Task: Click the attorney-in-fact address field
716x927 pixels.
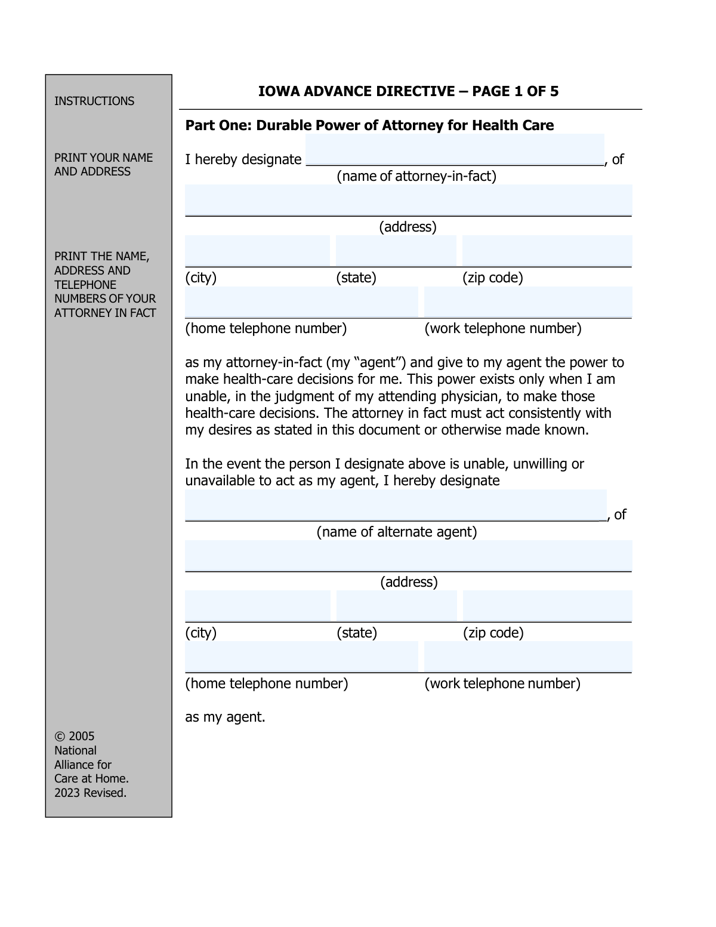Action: click(x=408, y=200)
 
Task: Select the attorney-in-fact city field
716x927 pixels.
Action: click(x=257, y=251)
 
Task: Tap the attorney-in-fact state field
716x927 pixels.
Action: click(x=396, y=251)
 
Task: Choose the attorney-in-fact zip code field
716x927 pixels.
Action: click(x=547, y=251)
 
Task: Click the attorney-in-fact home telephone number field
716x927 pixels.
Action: click(x=301, y=302)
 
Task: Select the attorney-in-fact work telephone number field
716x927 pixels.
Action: click(x=528, y=302)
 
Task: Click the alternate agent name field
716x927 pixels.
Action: click(x=396, y=505)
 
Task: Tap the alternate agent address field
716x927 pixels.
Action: click(x=408, y=556)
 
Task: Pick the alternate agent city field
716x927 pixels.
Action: click(x=257, y=606)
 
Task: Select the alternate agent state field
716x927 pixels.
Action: click(x=397, y=606)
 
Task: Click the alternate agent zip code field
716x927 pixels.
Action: click(x=547, y=606)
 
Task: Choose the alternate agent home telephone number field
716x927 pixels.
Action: click(x=301, y=657)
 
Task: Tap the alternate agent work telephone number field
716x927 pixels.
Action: click(x=528, y=657)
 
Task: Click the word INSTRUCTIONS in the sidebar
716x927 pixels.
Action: click(x=94, y=101)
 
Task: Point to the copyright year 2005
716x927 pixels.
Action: click(x=81, y=736)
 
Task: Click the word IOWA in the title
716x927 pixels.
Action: click(x=279, y=91)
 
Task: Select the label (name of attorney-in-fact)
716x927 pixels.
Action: click(x=416, y=176)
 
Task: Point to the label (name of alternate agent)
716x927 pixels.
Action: click(x=397, y=532)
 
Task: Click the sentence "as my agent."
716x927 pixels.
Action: click(x=225, y=717)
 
